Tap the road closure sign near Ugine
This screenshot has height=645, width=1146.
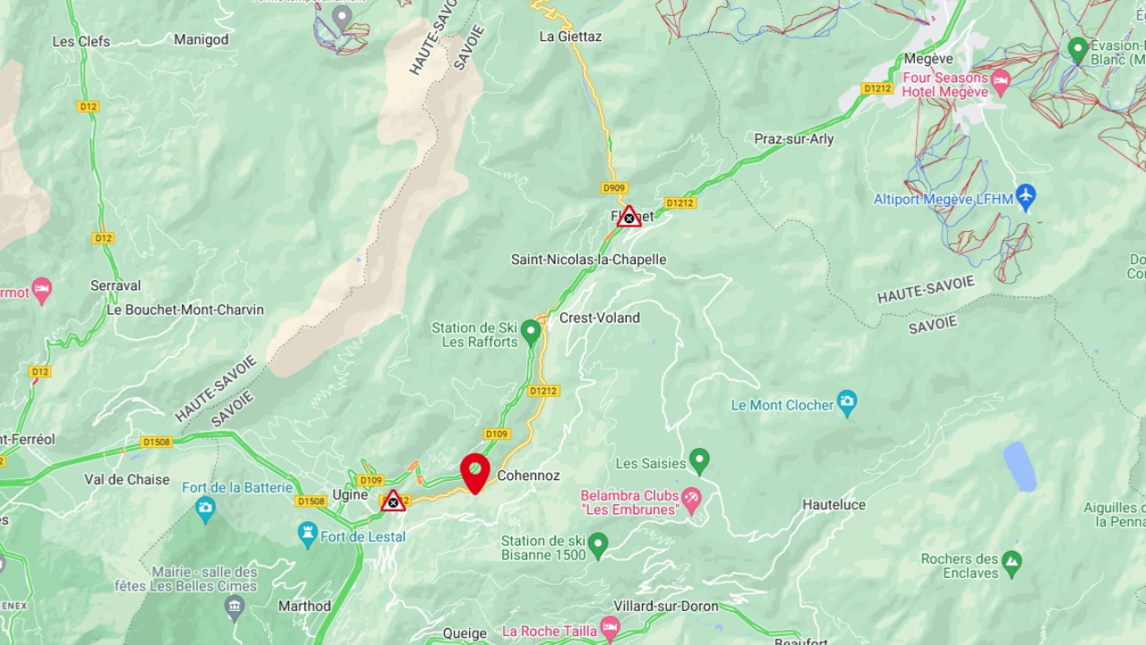coord(392,502)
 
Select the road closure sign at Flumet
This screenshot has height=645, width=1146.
coord(629,217)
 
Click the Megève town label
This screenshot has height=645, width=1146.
coord(928,59)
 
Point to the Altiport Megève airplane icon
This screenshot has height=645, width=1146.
coord(1026,198)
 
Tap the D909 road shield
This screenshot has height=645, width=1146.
coord(614,188)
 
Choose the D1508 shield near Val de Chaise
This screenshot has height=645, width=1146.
coord(157,442)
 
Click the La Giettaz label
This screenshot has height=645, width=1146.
coord(570,37)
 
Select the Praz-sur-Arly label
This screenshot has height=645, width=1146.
coord(793,139)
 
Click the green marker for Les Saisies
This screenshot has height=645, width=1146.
coord(699,461)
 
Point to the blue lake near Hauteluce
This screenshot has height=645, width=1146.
coord(1020,466)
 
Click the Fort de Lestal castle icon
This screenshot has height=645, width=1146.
coord(308,535)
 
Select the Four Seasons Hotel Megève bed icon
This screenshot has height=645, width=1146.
coord(1000,82)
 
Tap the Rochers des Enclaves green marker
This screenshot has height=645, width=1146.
coord(1012,563)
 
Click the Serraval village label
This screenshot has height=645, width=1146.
coord(115,286)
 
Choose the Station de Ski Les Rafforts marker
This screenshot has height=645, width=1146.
coord(531,332)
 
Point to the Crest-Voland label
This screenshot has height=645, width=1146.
coord(599,318)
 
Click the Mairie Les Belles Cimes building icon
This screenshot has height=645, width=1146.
coord(234,606)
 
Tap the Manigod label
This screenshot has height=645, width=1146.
coord(201,39)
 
